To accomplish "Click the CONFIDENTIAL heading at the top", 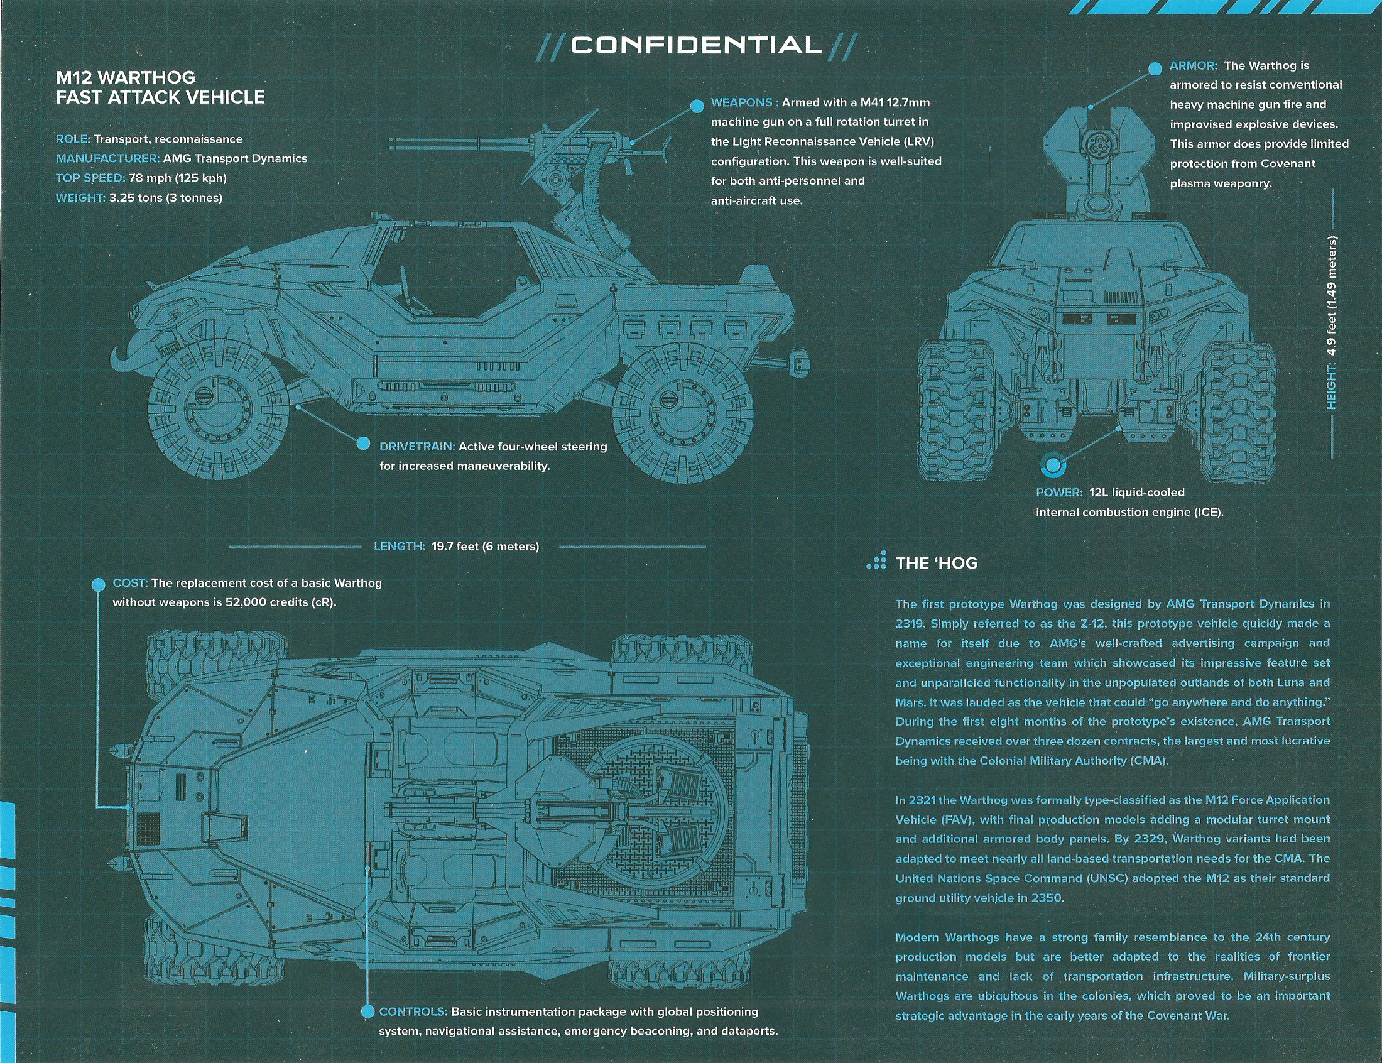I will coord(696,46).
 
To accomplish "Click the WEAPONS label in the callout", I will coord(741,102).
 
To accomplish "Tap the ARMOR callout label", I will coord(1193,66).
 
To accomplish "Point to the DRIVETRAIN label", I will coord(417,447).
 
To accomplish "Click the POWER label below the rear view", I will coord(1059,493).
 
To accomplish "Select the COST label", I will coord(129,583).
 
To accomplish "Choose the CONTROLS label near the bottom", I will coord(413,1011).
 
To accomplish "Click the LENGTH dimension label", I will coord(398,546).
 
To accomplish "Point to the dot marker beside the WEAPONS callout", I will coord(697,106).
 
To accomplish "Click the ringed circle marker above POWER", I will coord(1052,466).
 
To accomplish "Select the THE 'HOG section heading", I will coord(936,563).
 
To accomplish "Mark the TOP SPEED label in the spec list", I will coord(90,178).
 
